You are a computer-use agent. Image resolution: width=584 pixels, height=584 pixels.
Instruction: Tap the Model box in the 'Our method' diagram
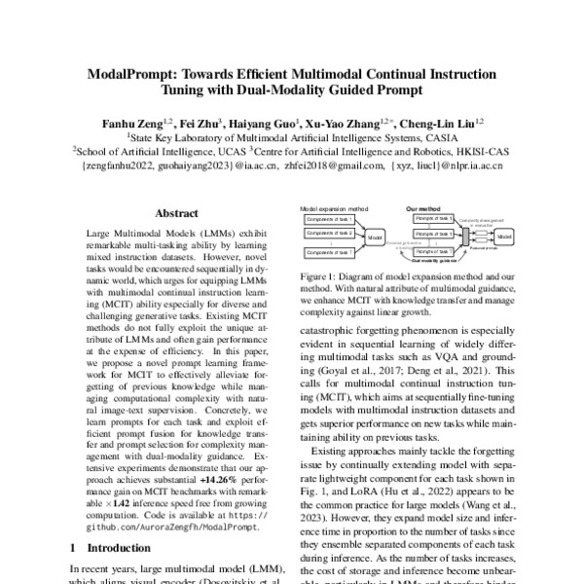(502, 236)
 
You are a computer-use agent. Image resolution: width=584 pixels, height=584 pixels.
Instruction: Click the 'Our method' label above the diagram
(422, 208)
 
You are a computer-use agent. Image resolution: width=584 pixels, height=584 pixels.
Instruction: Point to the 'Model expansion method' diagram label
(335, 208)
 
